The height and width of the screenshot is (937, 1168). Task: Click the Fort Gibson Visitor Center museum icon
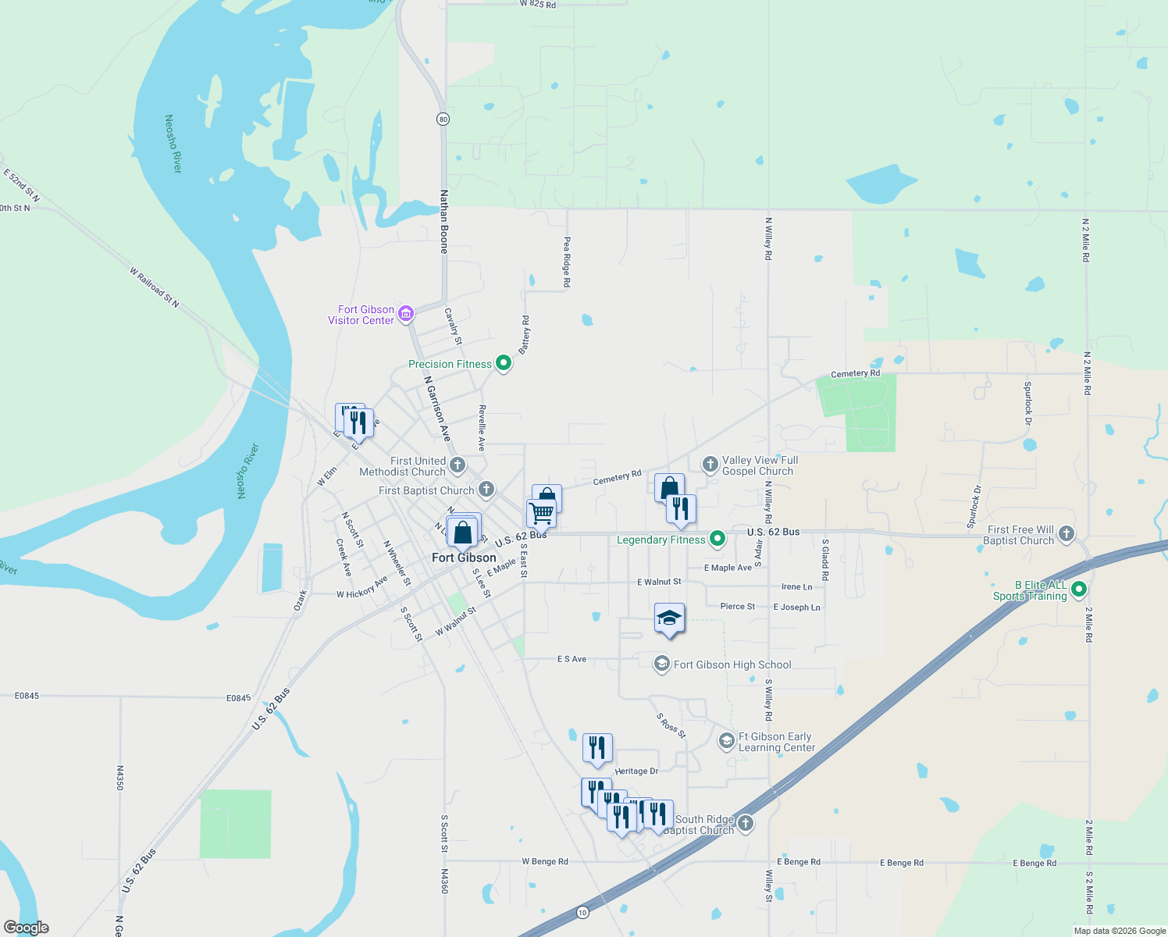405,314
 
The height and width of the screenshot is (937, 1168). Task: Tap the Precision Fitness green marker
504,363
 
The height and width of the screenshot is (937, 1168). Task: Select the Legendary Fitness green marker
717,539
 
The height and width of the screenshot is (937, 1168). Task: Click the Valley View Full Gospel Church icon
710,465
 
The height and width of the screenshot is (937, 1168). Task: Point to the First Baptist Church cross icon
486,490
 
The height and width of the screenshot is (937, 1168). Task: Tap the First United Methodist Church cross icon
458,465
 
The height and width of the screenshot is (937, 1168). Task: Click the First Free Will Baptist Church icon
1067,534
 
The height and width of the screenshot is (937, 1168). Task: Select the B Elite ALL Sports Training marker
1079,590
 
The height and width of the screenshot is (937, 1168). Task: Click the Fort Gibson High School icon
661,664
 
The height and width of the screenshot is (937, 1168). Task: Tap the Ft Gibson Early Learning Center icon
726,740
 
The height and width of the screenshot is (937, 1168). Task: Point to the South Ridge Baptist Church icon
746,823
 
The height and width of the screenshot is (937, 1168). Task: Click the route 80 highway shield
443,119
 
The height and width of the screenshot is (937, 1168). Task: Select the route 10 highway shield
582,912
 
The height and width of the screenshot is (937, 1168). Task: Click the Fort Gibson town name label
464,558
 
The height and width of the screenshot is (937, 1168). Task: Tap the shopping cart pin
541,514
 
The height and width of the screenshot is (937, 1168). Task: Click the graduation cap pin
669,618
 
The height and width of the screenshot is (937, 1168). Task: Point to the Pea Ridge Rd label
568,262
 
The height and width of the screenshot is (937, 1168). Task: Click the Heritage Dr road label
636,771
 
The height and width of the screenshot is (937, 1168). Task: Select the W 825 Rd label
538,5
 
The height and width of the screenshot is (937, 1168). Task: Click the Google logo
27,928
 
